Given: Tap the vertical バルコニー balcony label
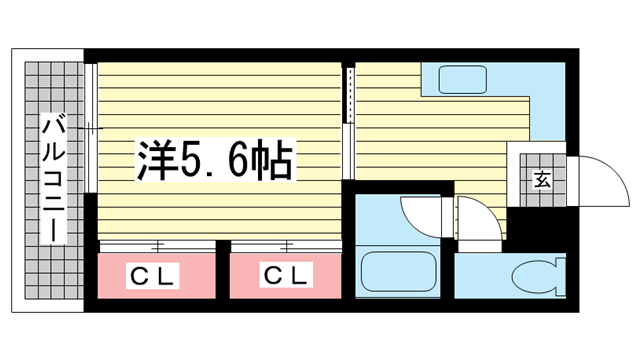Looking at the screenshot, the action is point(53,180).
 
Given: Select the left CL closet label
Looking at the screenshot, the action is point(152,273).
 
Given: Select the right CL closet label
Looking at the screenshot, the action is point(286,273).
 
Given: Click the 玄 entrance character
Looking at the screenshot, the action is point(541,181).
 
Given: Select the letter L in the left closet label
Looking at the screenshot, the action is point(167,273).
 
